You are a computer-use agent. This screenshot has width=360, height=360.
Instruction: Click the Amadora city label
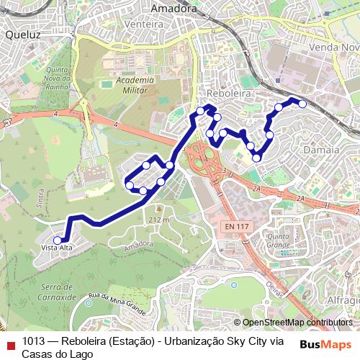(x=174, y=8)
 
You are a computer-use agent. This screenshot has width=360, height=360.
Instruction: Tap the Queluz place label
(x=22, y=34)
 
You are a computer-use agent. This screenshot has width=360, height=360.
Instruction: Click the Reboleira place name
(x=228, y=94)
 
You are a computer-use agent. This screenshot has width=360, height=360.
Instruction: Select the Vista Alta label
(x=58, y=248)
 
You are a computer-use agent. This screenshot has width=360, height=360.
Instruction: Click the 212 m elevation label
(x=158, y=220)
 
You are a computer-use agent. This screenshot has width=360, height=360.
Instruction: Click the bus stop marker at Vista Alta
(x=58, y=240)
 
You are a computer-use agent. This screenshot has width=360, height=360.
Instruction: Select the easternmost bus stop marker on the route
(x=302, y=104)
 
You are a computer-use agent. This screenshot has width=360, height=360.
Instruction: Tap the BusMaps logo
(x=325, y=344)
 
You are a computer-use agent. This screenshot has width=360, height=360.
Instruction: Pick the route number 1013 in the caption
(x=34, y=341)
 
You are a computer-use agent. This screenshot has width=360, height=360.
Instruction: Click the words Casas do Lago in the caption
(x=57, y=354)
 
